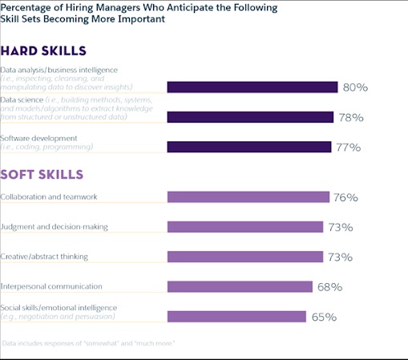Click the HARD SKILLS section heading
point(43,51)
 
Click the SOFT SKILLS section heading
point(42,174)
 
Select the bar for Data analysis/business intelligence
point(252,87)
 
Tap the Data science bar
point(250,117)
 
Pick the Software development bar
point(248,147)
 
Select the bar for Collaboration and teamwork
point(248,197)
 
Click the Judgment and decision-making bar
point(244,227)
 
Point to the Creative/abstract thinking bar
point(244,257)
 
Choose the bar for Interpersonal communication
point(239,286)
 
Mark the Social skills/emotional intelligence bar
point(236,317)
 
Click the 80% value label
point(354,87)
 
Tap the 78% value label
point(349,118)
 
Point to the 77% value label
point(348,148)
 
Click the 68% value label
point(329,287)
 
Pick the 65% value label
point(323,318)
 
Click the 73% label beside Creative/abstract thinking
point(340,257)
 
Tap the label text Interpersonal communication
point(51,285)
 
